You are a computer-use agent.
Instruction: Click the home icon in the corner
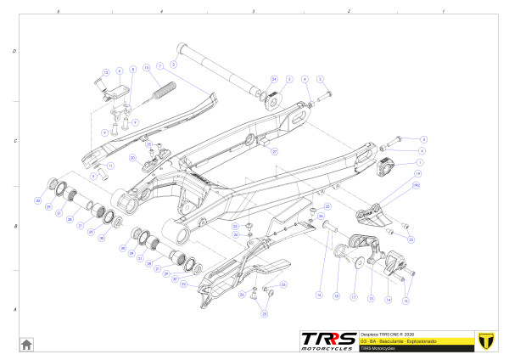coord(26,343)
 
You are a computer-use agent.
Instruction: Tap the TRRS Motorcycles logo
coord(330,340)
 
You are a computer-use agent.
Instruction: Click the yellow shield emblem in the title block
coord(486,340)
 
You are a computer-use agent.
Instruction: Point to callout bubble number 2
coord(173,63)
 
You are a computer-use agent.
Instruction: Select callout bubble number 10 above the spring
coord(147,68)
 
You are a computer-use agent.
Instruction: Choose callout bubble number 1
coord(418,161)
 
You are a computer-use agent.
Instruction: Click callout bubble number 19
coord(417,174)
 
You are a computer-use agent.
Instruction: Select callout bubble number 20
coord(132,157)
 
